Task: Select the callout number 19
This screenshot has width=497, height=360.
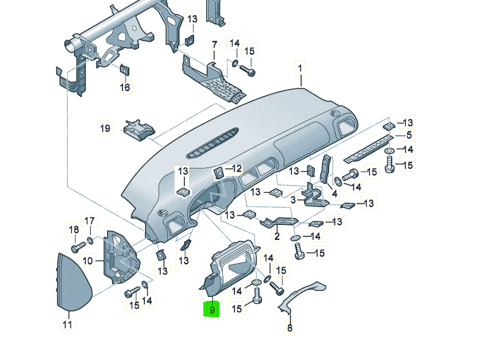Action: [x=105, y=129]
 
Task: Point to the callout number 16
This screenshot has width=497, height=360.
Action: [x=124, y=87]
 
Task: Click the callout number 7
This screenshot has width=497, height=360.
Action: [x=214, y=45]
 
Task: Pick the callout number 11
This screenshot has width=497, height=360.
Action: [x=68, y=324]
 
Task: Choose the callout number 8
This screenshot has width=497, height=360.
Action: [x=290, y=329]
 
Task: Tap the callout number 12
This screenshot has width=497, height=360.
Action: [x=236, y=168]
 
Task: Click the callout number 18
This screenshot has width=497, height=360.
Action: [x=74, y=230]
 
